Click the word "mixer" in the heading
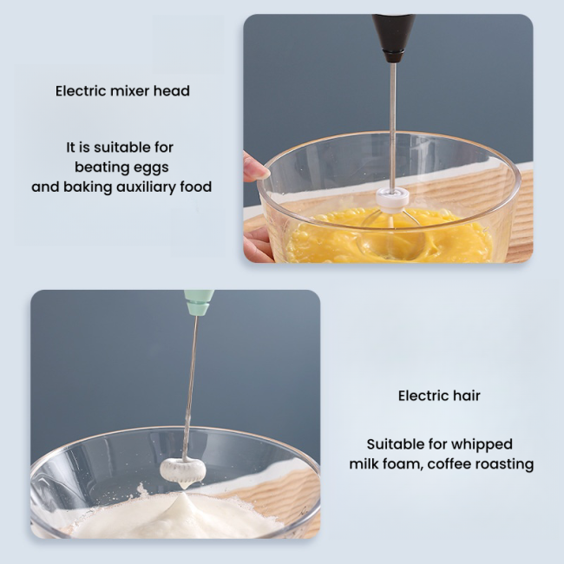point(129,91)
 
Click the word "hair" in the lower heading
point(465,397)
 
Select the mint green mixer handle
point(199,302)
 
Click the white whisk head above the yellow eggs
point(392,200)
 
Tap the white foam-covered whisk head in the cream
point(182,469)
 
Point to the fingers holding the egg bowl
point(255,167)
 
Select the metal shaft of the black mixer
point(392,121)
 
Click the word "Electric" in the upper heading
point(81,91)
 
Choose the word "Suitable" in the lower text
point(395,444)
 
